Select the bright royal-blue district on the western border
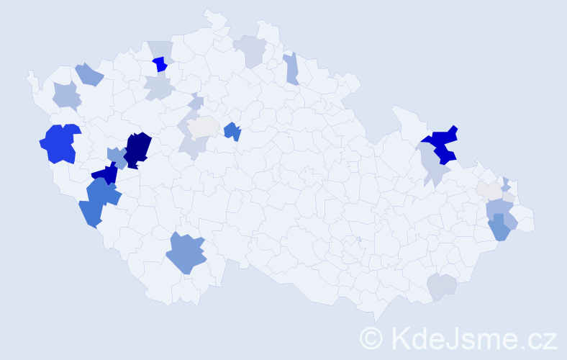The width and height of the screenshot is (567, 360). tap(60, 143)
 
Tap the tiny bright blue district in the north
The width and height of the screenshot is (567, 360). tap(160, 64)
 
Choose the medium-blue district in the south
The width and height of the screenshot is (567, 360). tap(186, 253)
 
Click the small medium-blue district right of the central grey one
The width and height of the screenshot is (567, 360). tap(232, 131)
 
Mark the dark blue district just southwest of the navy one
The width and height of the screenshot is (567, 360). tap(106, 174)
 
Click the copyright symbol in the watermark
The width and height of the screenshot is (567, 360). tap(371, 337)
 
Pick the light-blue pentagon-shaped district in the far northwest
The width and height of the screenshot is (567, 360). tap(89, 73)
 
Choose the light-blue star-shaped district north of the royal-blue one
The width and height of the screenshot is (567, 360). tap(66, 95)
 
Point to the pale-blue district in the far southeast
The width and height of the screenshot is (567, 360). tap(442, 286)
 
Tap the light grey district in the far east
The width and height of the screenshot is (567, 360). tap(489, 190)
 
